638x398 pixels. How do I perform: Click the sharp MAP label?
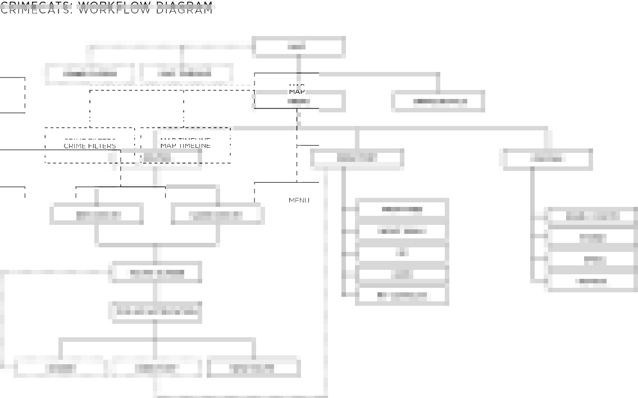[297, 92]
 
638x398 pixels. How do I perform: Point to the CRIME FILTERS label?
[90, 146]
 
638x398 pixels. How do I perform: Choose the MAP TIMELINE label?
[185, 146]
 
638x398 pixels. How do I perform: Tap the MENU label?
[299, 200]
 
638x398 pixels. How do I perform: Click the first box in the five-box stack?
[402, 209]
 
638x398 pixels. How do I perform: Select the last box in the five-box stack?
[402, 295]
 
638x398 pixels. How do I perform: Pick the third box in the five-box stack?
[402, 252]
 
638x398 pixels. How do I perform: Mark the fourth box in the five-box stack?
[402, 274]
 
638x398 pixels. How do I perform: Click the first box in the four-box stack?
[592, 216]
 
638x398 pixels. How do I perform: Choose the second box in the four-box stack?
[592, 238]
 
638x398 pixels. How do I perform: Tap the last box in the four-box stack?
[592, 281]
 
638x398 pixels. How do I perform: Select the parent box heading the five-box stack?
[357, 159]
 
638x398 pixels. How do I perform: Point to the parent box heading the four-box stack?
[548, 159]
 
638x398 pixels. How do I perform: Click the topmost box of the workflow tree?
[298, 47]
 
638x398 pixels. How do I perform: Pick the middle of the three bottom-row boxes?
[156, 368]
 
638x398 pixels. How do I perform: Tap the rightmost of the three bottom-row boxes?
[253, 368]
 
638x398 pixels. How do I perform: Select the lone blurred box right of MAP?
[439, 102]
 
